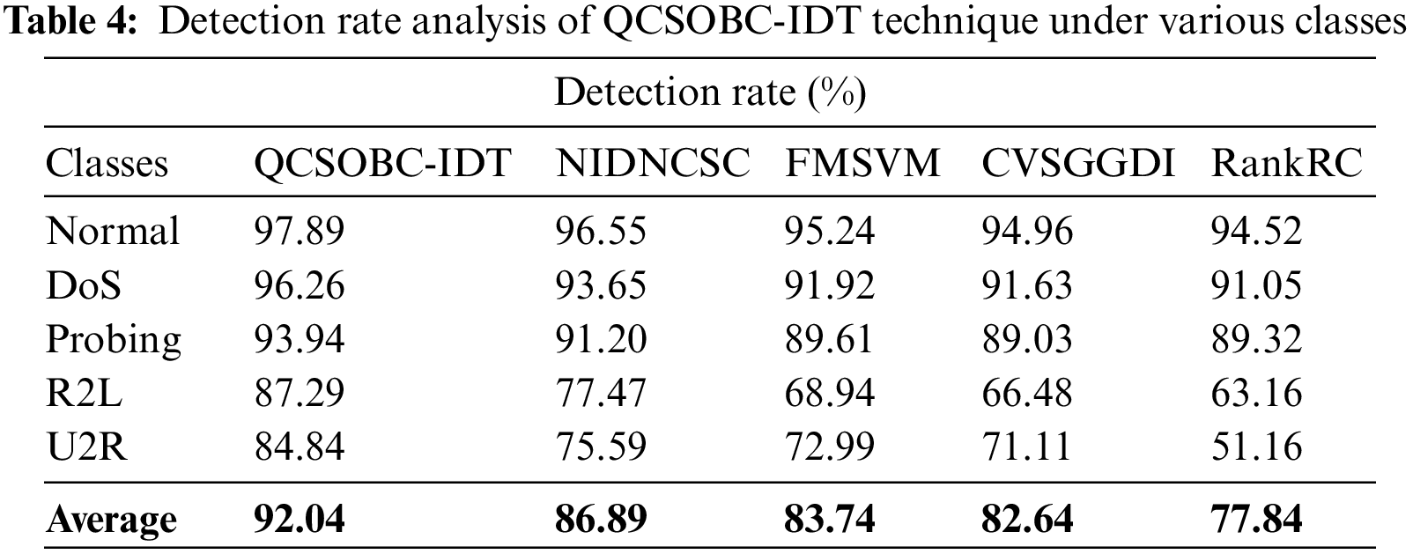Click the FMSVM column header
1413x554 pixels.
click(x=862, y=163)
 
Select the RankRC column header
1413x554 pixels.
click(x=1287, y=163)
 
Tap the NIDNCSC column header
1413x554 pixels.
click(x=652, y=163)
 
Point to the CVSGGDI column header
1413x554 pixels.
click(x=1078, y=163)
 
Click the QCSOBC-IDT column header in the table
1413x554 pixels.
click(x=382, y=163)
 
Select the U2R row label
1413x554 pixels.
click(x=86, y=447)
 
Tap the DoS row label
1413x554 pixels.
click(x=83, y=285)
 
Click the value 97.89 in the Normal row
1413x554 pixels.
click(x=299, y=232)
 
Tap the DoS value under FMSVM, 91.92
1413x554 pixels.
click(x=830, y=285)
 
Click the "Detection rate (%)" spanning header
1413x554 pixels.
click(x=710, y=92)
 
